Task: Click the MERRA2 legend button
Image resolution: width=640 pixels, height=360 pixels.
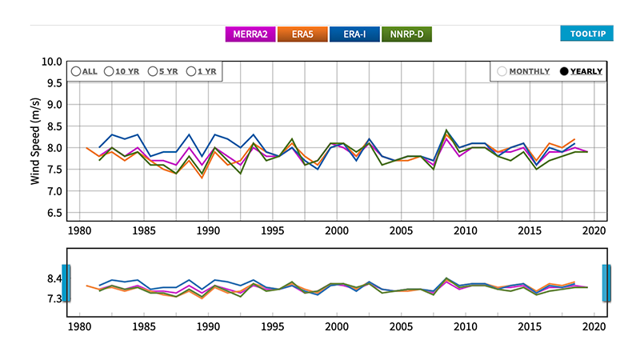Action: (x=250, y=34)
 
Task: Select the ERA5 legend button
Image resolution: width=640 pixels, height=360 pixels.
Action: (x=302, y=34)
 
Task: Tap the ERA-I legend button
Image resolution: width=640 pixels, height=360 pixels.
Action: (x=354, y=34)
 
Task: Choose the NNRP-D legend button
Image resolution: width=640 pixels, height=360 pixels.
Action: (x=406, y=34)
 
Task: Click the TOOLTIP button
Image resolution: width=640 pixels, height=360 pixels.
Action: (x=586, y=34)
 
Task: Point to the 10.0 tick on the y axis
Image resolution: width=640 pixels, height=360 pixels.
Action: (x=51, y=62)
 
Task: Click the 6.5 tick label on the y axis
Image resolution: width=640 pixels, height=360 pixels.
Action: (x=54, y=213)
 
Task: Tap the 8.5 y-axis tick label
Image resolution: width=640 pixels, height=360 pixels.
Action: (x=54, y=126)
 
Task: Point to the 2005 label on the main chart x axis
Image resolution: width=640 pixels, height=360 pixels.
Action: (x=402, y=231)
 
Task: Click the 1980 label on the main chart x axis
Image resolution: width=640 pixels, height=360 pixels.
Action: (x=78, y=231)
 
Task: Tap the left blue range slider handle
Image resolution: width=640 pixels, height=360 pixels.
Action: (x=66, y=283)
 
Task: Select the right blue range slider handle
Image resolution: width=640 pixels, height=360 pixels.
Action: (x=607, y=283)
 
